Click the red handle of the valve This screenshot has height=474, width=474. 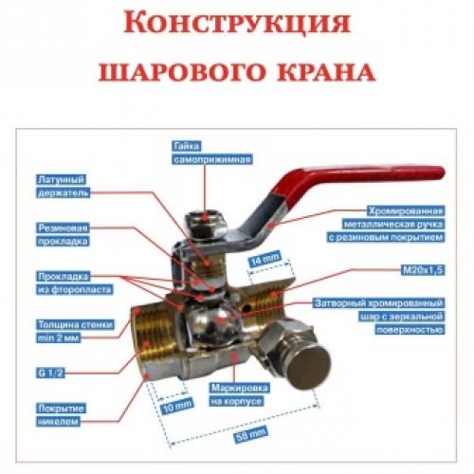[x=379, y=176]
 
